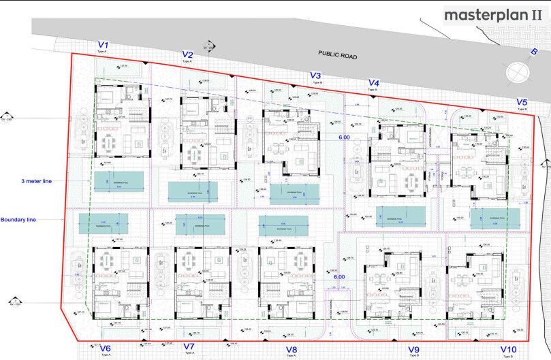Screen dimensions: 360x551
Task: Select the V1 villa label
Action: pos(103,46)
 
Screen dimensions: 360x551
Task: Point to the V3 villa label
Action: pos(315,76)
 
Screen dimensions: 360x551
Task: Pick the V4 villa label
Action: pos(373,83)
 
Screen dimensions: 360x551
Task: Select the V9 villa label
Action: pos(413,349)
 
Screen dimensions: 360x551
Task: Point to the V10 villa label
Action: pos(508,349)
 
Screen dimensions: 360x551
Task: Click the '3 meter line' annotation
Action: pos(36,181)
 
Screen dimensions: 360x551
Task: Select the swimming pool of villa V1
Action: pos(119,179)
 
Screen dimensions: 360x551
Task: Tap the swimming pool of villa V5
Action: pos(495,217)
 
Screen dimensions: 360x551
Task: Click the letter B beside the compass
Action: pos(535,52)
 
